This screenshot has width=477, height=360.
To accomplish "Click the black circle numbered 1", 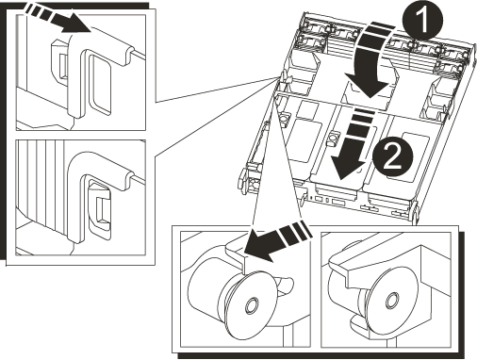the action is pos(422,21).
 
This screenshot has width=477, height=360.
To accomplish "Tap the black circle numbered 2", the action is pos(392,158).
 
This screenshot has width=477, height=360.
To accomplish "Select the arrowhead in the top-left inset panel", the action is pos(76,26).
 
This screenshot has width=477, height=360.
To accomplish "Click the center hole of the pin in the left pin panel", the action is pos(252,305).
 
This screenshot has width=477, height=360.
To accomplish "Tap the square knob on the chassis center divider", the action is pos(332,138).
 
